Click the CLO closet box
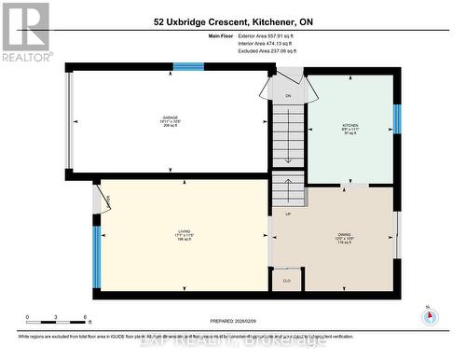tap(287, 279)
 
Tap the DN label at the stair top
tap(288, 96)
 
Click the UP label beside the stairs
tap(288, 215)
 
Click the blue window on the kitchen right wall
tap(396, 119)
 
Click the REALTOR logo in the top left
tap(25, 32)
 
